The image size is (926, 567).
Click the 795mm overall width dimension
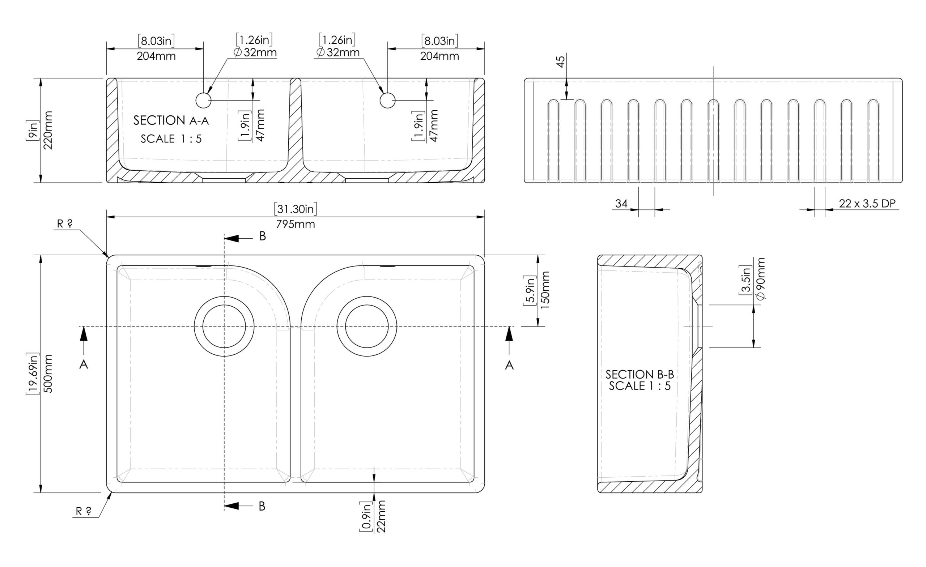point(296,224)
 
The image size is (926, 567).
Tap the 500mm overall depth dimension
point(48,374)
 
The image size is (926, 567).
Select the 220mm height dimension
point(48,130)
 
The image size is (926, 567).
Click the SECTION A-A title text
point(171,120)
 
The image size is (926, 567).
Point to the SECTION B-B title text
point(640,374)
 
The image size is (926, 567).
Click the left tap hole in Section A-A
point(204,100)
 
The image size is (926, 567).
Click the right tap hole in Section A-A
point(387,100)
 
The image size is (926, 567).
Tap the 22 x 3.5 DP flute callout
point(867,203)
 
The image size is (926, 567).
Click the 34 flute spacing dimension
point(621,203)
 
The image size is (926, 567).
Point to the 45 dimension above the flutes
point(560,61)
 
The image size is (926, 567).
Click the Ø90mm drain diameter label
point(761,279)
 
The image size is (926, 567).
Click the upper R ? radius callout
point(65,224)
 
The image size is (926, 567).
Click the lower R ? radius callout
point(84,511)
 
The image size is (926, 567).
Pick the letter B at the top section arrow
point(263,236)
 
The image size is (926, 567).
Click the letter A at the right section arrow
point(509,365)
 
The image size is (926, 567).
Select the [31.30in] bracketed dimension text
point(296,209)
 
